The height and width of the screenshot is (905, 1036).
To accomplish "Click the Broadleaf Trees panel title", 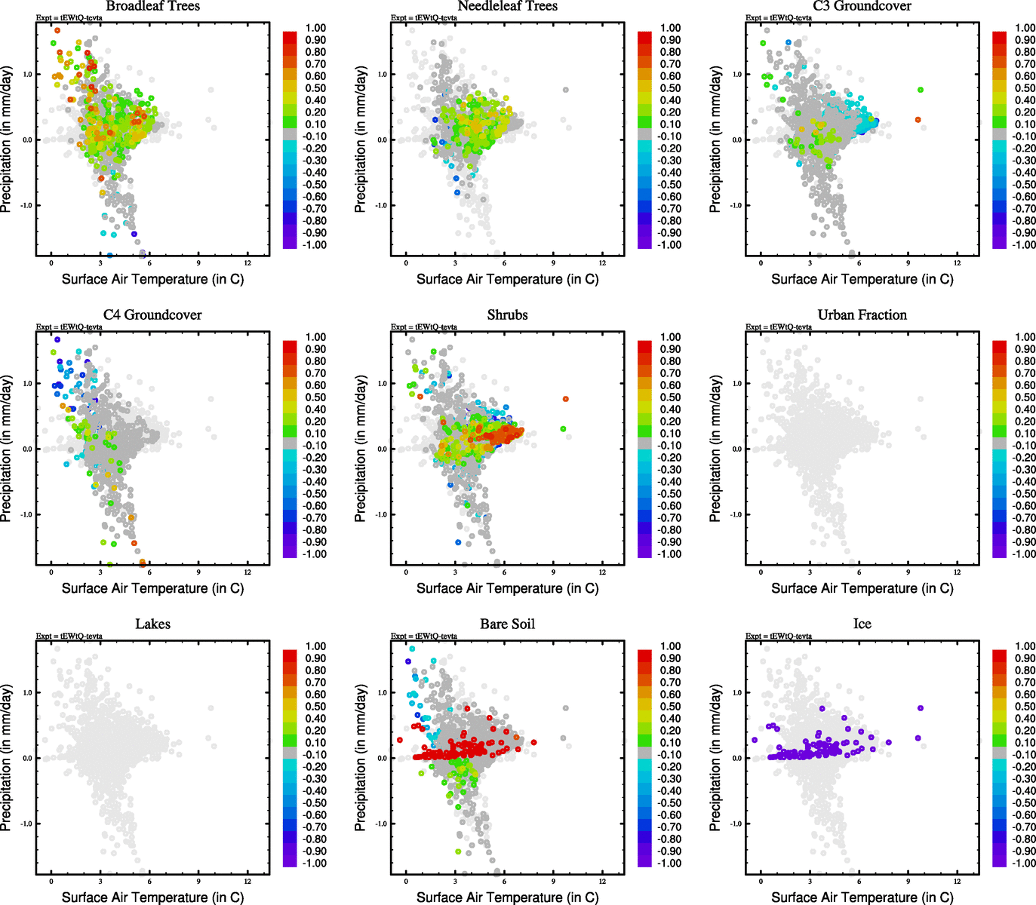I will click(152, 6).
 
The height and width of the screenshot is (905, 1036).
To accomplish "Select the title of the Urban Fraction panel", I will click(862, 315).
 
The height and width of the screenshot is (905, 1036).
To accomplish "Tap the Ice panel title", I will click(862, 624).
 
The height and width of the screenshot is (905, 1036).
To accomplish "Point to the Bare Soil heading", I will click(507, 624).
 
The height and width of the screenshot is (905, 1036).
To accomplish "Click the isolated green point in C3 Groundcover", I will click(920, 90).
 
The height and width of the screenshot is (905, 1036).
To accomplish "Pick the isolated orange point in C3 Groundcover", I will click(918, 120).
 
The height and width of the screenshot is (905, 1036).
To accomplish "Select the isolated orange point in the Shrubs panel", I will click(565, 399).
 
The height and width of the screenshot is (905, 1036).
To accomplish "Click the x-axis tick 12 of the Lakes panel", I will click(247, 881).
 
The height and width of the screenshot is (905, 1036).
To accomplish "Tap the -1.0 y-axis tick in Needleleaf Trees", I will click(383, 205).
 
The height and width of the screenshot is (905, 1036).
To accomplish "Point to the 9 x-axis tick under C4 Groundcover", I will click(198, 572).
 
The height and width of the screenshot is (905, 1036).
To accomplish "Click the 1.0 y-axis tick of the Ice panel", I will click(737, 692).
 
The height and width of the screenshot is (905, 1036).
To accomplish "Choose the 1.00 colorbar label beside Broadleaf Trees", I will click(315, 28).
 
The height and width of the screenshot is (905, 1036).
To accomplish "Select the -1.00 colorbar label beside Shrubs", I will click(670, 554).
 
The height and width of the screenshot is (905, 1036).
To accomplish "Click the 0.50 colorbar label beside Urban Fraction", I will click(1025, 397).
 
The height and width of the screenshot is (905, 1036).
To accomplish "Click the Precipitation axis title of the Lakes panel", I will click(7, 758).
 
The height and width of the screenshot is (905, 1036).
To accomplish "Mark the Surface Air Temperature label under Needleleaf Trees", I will click(507, 279).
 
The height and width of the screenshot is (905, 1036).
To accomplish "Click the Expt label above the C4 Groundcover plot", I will click(69, 327).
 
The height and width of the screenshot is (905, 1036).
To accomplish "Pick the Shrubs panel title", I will click(507, 315).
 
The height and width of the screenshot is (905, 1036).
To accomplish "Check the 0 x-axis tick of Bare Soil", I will click(406, 881).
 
